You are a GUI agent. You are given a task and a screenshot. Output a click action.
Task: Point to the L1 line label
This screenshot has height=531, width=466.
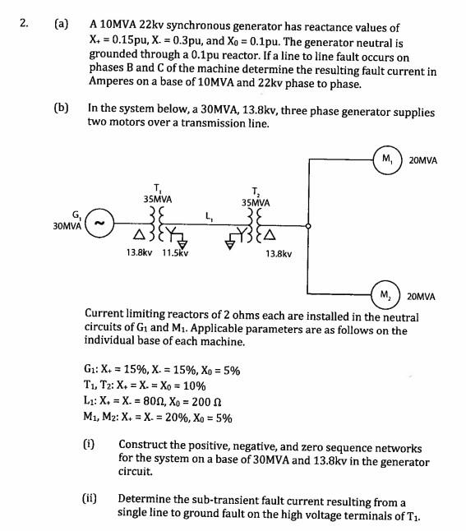click(210, 216)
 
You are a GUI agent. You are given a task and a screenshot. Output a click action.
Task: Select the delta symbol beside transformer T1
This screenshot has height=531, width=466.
click(135, 237)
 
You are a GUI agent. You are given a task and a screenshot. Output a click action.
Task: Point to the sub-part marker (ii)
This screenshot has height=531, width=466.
click(89, 497)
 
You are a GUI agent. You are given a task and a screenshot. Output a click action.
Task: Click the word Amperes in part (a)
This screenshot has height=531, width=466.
click(113, 83)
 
